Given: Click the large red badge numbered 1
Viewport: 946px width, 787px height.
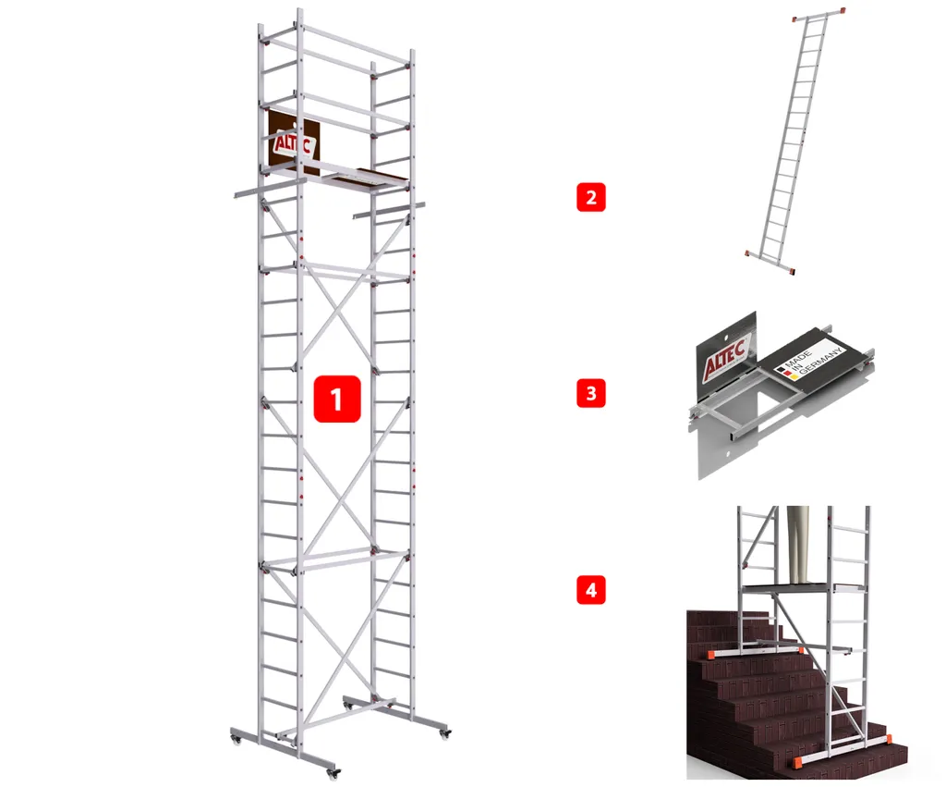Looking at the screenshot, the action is click(x=337, y=399).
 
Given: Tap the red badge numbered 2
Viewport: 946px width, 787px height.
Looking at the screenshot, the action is click(x=590, y=197).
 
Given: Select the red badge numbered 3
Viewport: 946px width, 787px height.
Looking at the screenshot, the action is click(x=590, y=393).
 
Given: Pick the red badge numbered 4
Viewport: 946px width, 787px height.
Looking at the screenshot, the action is click(x=590, y=590).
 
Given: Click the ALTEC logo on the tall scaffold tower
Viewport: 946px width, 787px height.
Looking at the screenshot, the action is click(x=293, y=143).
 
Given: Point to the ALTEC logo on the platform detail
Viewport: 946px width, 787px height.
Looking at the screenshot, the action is click(x=726, y=359).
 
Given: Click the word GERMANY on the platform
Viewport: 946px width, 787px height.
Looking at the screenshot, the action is click(x=821, y=362).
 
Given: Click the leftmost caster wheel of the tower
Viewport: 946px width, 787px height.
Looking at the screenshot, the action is click(x=236, y=738).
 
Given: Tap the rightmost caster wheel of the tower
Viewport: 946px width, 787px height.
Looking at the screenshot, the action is click(x=444, y=733).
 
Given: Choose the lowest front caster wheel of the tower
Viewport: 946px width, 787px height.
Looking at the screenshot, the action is click(x=332, y=772).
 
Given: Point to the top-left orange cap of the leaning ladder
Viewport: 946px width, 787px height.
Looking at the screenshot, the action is click(x=795, y=19).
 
